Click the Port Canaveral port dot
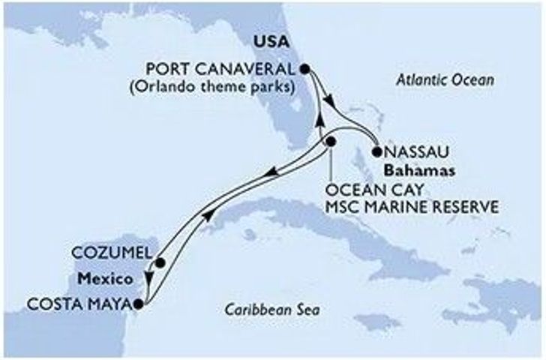coord(305,68)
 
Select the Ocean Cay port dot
coord(331,142)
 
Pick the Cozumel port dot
coord(160,263)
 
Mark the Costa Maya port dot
coord(138,304)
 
